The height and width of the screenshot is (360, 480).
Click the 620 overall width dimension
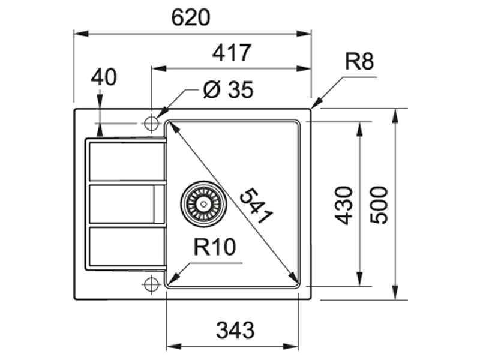190,17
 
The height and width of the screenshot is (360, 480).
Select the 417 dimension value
232,53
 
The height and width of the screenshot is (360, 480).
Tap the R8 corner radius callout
359,61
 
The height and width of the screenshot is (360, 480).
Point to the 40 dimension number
104,77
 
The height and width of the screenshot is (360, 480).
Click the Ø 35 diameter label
229,89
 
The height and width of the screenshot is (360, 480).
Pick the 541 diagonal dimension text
256,206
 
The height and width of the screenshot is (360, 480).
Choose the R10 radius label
215,247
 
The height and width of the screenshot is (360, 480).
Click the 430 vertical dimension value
343,205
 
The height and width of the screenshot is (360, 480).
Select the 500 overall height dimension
379,205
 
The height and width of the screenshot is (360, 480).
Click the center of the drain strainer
203,204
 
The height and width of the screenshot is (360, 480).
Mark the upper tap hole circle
152,124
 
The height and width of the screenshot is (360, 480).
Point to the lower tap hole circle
152,284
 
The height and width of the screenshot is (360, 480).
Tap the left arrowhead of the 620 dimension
81,34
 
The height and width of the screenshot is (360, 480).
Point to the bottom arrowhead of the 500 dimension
395,292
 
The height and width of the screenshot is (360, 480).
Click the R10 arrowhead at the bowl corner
173,278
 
